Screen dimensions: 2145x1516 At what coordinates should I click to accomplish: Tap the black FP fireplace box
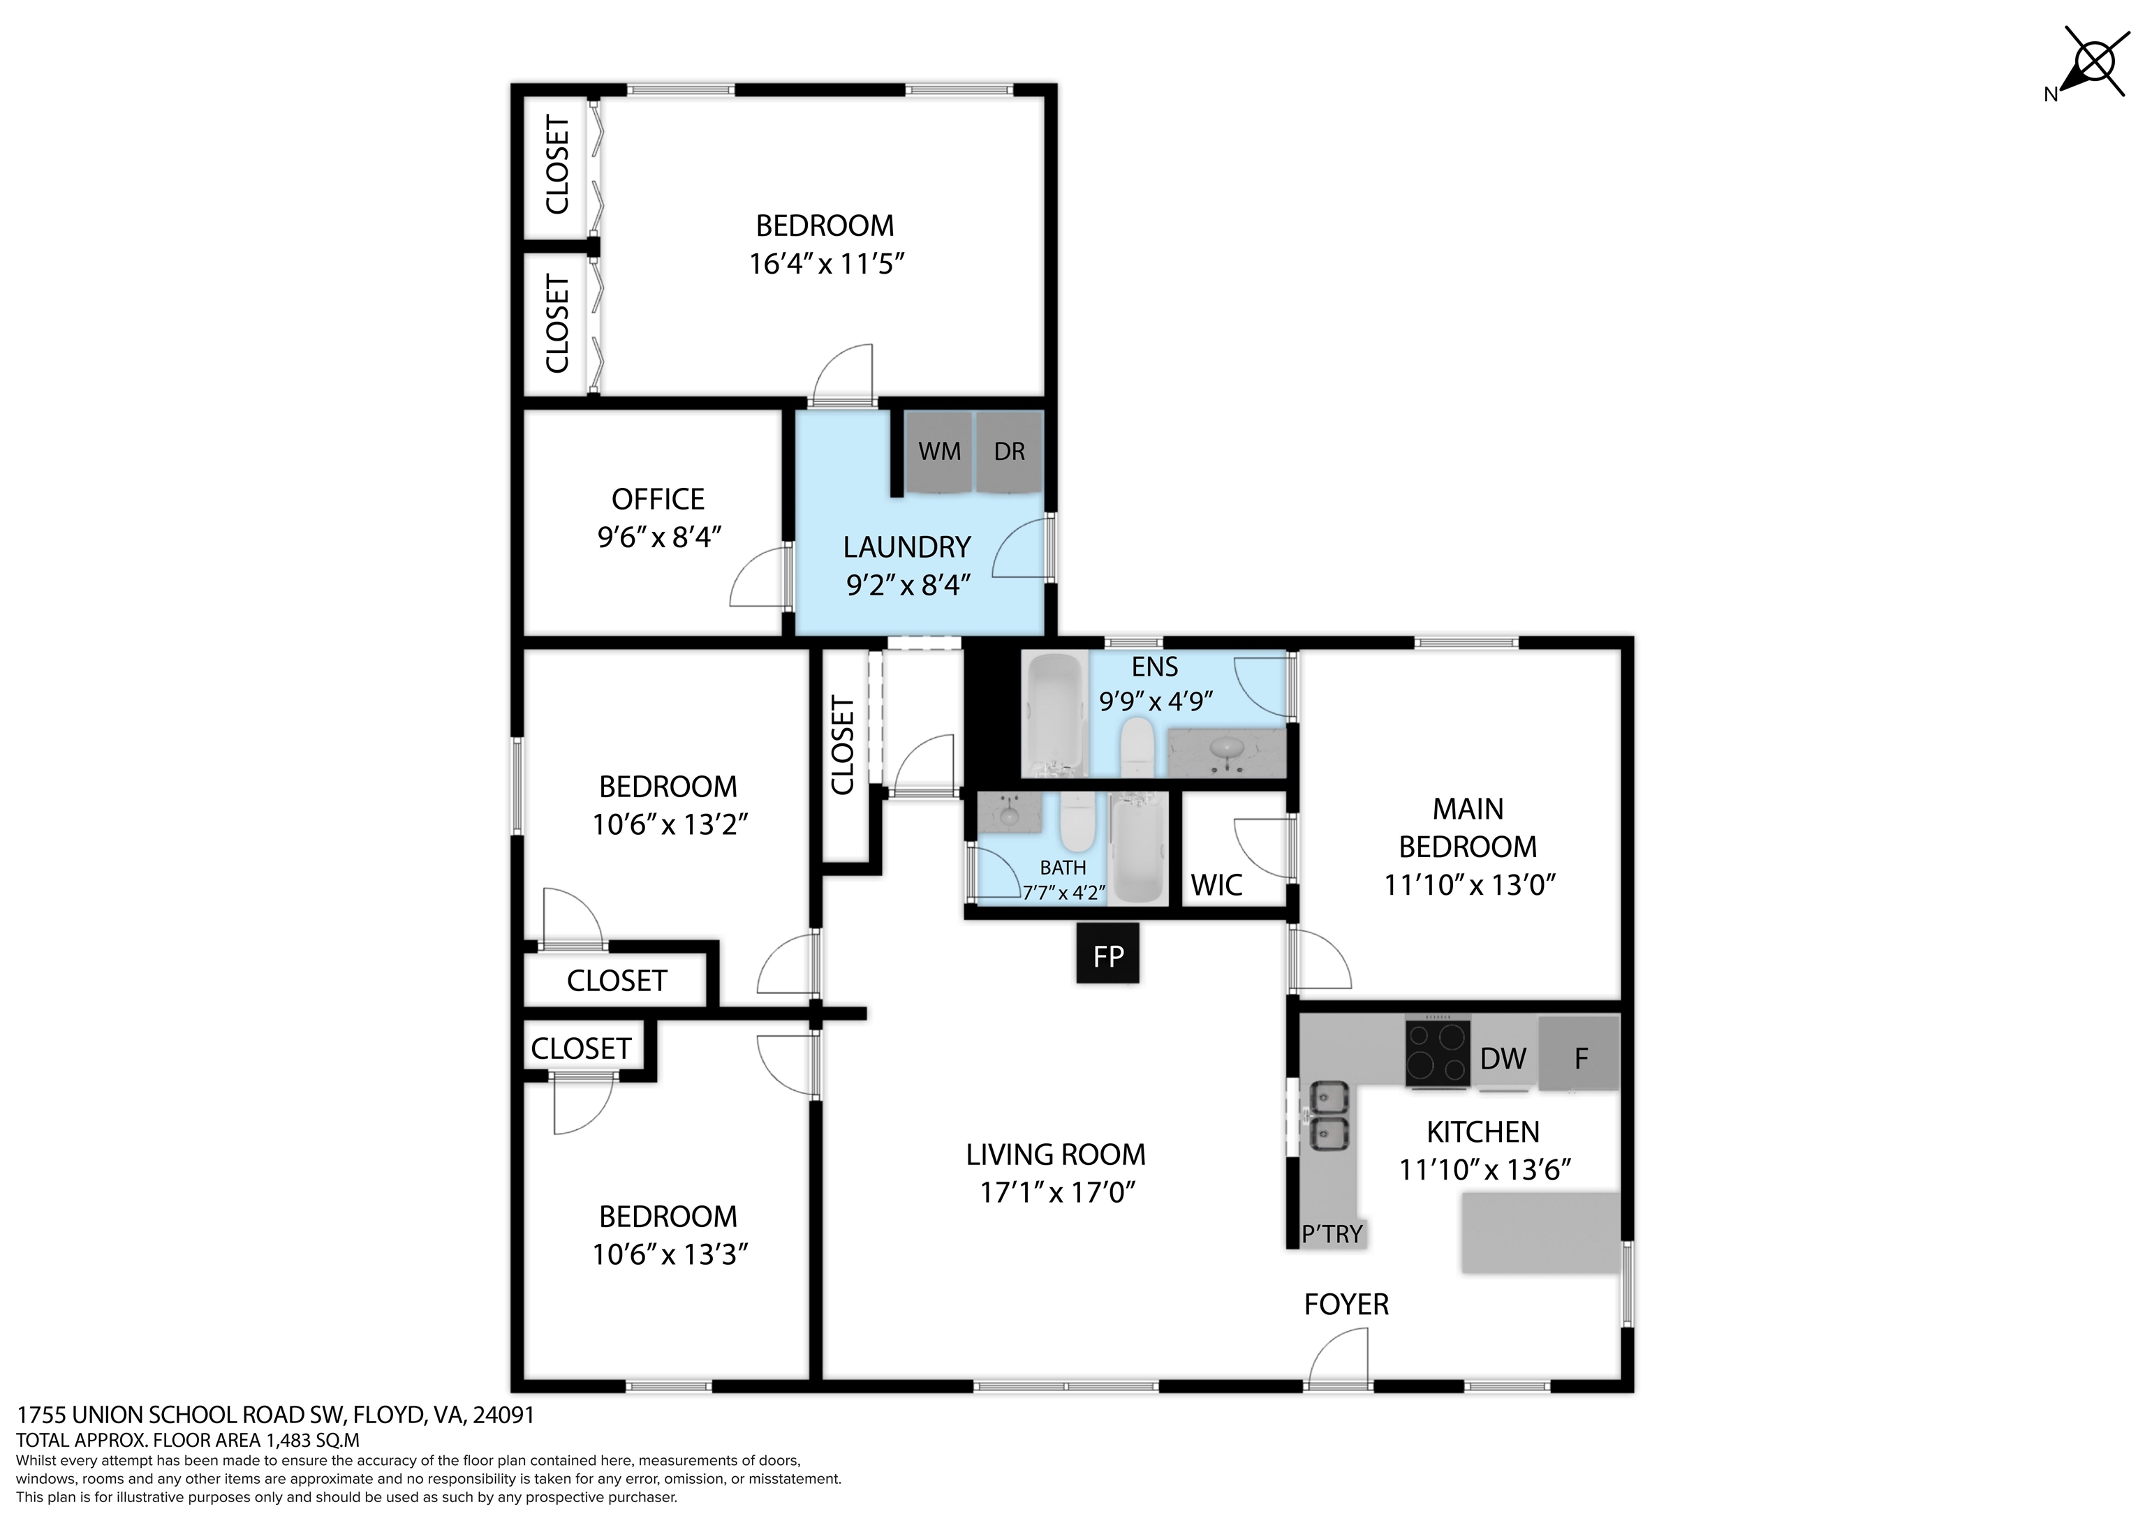coord(1108,953)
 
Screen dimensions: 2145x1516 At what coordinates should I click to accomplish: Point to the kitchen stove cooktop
coord(1438,1051)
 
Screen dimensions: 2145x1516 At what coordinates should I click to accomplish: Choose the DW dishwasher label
coord(1503,1058)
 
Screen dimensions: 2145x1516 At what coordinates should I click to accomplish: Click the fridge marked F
coord(1579,1054)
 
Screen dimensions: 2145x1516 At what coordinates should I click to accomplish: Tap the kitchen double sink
coord(1329,1115)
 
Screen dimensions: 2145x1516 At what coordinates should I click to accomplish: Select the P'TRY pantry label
coord(1332,1234)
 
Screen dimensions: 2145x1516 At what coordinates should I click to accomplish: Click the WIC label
coord(1216,884)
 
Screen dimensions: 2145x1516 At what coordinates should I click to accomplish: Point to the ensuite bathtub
coord(1056,715)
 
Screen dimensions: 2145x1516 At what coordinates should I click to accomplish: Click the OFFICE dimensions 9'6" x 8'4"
coord(660,537)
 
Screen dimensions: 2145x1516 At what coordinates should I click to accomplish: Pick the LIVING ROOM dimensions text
coord(1056,1193)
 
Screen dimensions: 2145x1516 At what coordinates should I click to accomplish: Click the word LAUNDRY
coord(907,547)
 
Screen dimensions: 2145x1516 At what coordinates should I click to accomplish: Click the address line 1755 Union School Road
coord(276,1415)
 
